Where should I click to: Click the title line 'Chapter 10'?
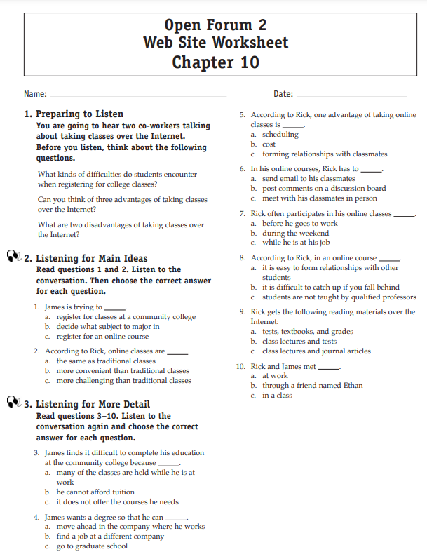215,62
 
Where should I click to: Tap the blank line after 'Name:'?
138,95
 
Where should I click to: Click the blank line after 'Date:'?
351,95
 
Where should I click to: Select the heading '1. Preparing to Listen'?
74,114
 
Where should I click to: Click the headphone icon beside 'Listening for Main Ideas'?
13,257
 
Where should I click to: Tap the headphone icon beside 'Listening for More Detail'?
13,403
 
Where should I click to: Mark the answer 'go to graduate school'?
92,546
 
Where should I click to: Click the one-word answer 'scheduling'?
280,134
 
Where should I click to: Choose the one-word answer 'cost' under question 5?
269,144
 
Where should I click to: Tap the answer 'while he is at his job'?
296,243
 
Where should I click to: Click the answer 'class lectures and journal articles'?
316,351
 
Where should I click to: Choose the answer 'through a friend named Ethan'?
313,385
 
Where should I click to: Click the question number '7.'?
242,213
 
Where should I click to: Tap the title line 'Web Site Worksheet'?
215,43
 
